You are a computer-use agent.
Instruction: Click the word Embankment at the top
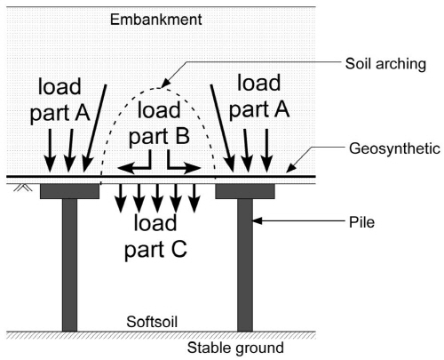coord(156,20)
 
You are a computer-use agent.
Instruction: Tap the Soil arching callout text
coord(385,64)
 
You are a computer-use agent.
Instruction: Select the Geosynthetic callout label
coord(394,148)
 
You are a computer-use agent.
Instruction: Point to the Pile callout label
coord(361,222)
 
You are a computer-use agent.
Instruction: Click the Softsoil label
coord(152,322)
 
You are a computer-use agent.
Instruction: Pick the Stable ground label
coord(235,348)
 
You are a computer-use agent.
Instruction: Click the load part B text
coord(159,124)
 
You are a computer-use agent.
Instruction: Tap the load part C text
coord(155,236)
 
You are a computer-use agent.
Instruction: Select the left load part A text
coord(59,100)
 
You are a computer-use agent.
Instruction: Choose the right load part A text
coord(259,96)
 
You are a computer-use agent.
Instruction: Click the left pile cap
coord(69,191)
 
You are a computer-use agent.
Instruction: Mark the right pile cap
coord(245,191)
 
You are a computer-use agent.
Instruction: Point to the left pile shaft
coord(69,265)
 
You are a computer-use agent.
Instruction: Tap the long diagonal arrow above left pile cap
coord(95,128)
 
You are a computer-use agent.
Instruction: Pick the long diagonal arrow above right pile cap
coord(223,128)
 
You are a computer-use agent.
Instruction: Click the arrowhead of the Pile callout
coord(257,220)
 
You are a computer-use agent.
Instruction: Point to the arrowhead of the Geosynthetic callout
coord(291,168)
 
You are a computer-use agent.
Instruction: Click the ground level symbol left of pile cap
coord(23,188)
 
